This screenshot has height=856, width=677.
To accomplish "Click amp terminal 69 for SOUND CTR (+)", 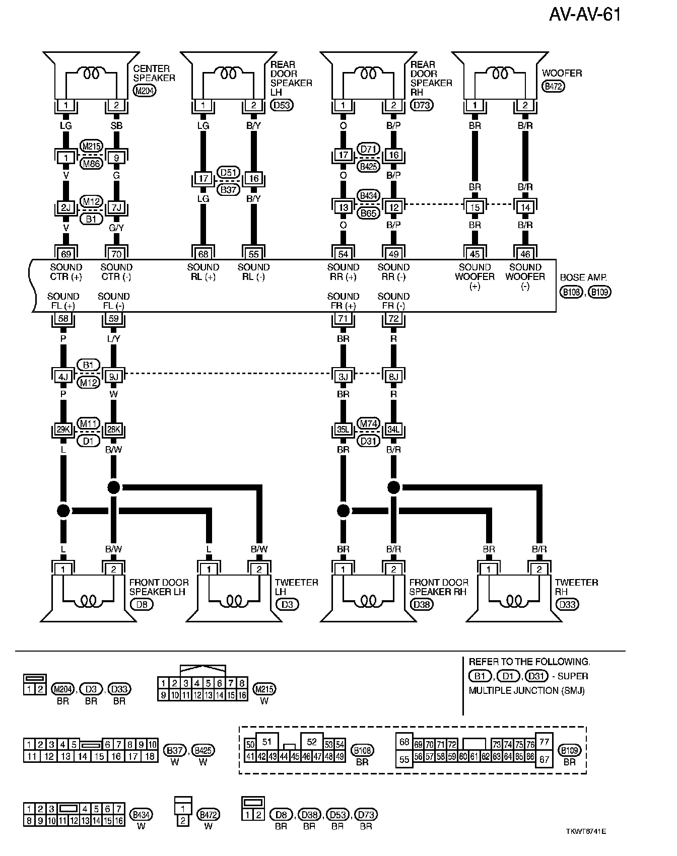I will click(66, 254).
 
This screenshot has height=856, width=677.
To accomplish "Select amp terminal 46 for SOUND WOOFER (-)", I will click(525, 254).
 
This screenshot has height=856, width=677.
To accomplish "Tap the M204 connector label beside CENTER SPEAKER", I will click(145, 91).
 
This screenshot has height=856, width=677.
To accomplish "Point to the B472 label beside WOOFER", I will click(553, 86).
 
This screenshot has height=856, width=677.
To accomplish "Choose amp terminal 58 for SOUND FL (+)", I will click(63, 318).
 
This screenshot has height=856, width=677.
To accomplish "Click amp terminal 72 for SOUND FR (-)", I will click(393, 318).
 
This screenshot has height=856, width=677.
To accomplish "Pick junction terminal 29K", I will click(63, 430).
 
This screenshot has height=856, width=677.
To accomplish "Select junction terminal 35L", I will click(343, 430).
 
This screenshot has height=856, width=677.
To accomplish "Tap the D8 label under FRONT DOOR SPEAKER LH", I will click(142, 604).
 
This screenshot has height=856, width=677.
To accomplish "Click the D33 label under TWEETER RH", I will click(567, 604).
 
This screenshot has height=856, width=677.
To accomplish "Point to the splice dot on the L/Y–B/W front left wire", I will click(113, 487).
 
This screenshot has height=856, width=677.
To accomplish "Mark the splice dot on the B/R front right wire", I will click(393, 487).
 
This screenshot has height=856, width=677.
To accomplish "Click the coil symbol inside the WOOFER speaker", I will click(500, 74).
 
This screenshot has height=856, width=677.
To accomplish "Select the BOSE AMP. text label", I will click(583, 277).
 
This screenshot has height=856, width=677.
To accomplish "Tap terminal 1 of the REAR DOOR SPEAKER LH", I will click(203, 105).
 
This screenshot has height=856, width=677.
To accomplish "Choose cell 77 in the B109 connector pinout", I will click(544, 741).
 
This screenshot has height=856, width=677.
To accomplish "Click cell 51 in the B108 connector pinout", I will click(267, 741).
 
